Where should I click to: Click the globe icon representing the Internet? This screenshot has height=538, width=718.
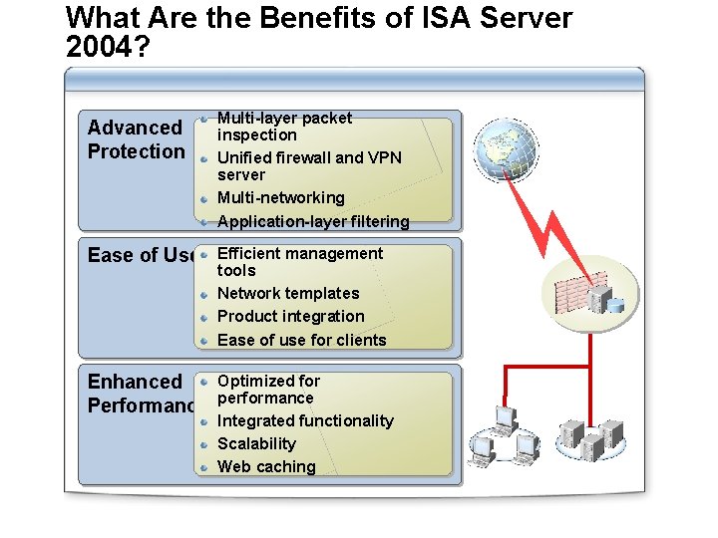(507, 149)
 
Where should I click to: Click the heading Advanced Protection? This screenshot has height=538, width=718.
(136, 139)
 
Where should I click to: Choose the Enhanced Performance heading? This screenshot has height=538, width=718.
(140, 394)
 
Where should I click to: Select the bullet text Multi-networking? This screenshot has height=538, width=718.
(280, 198)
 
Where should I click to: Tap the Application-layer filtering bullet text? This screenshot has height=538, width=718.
(313, 221)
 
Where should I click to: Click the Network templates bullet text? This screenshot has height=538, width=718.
(287, 293)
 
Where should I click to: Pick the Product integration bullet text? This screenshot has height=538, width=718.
(290, 316)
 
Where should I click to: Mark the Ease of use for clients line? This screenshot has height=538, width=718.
(301, 340)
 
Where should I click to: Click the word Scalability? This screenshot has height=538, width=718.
(256, 443)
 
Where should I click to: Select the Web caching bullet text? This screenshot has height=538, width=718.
(265, 466)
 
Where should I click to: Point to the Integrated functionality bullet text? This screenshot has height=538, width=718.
(305, 420)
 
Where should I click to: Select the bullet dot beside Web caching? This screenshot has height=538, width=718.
(202, 466)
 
